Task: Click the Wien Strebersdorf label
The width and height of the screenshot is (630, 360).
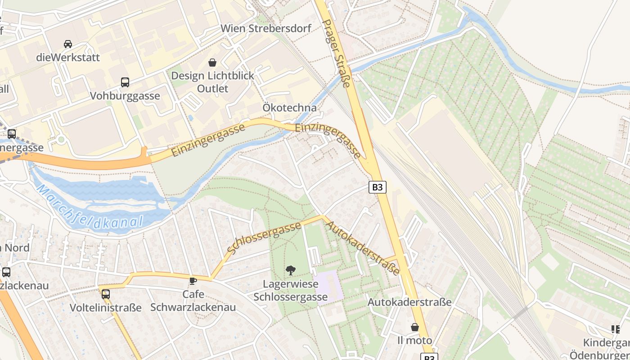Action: [x=265, y=28]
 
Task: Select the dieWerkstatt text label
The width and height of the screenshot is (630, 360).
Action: [x=68, y=58]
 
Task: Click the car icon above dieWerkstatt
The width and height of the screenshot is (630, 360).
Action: [x=68, y=44]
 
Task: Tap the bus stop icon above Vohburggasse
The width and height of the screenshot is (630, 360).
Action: [x=125, y=82]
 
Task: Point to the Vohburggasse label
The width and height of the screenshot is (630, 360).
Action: [x=125, y=96]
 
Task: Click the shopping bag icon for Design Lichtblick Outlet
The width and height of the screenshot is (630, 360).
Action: [x=212, y=63]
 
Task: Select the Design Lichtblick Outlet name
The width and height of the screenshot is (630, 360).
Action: [x=212, y=82]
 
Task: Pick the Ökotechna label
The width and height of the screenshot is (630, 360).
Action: [x=290, y=108]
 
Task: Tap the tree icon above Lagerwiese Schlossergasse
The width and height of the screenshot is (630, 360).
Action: [x=291, y=270]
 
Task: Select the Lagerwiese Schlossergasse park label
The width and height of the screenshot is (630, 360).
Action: [x=291, y=290]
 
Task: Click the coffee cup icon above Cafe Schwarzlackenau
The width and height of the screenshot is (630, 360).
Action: [x=193, y=281]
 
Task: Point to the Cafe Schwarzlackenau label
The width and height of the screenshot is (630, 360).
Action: [x=193, y=301]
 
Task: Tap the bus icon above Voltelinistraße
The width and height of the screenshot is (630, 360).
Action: [x=106, y=294]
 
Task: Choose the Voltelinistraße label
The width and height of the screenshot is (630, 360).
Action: [x=106, y=308]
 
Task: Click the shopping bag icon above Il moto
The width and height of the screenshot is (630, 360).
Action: [x=415, y=327]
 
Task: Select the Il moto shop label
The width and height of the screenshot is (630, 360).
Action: [x=415, y=340]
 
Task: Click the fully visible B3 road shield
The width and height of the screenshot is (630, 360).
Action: [x=378, y=187]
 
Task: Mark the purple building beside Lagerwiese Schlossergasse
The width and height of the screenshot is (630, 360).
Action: [x=329, y=287]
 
